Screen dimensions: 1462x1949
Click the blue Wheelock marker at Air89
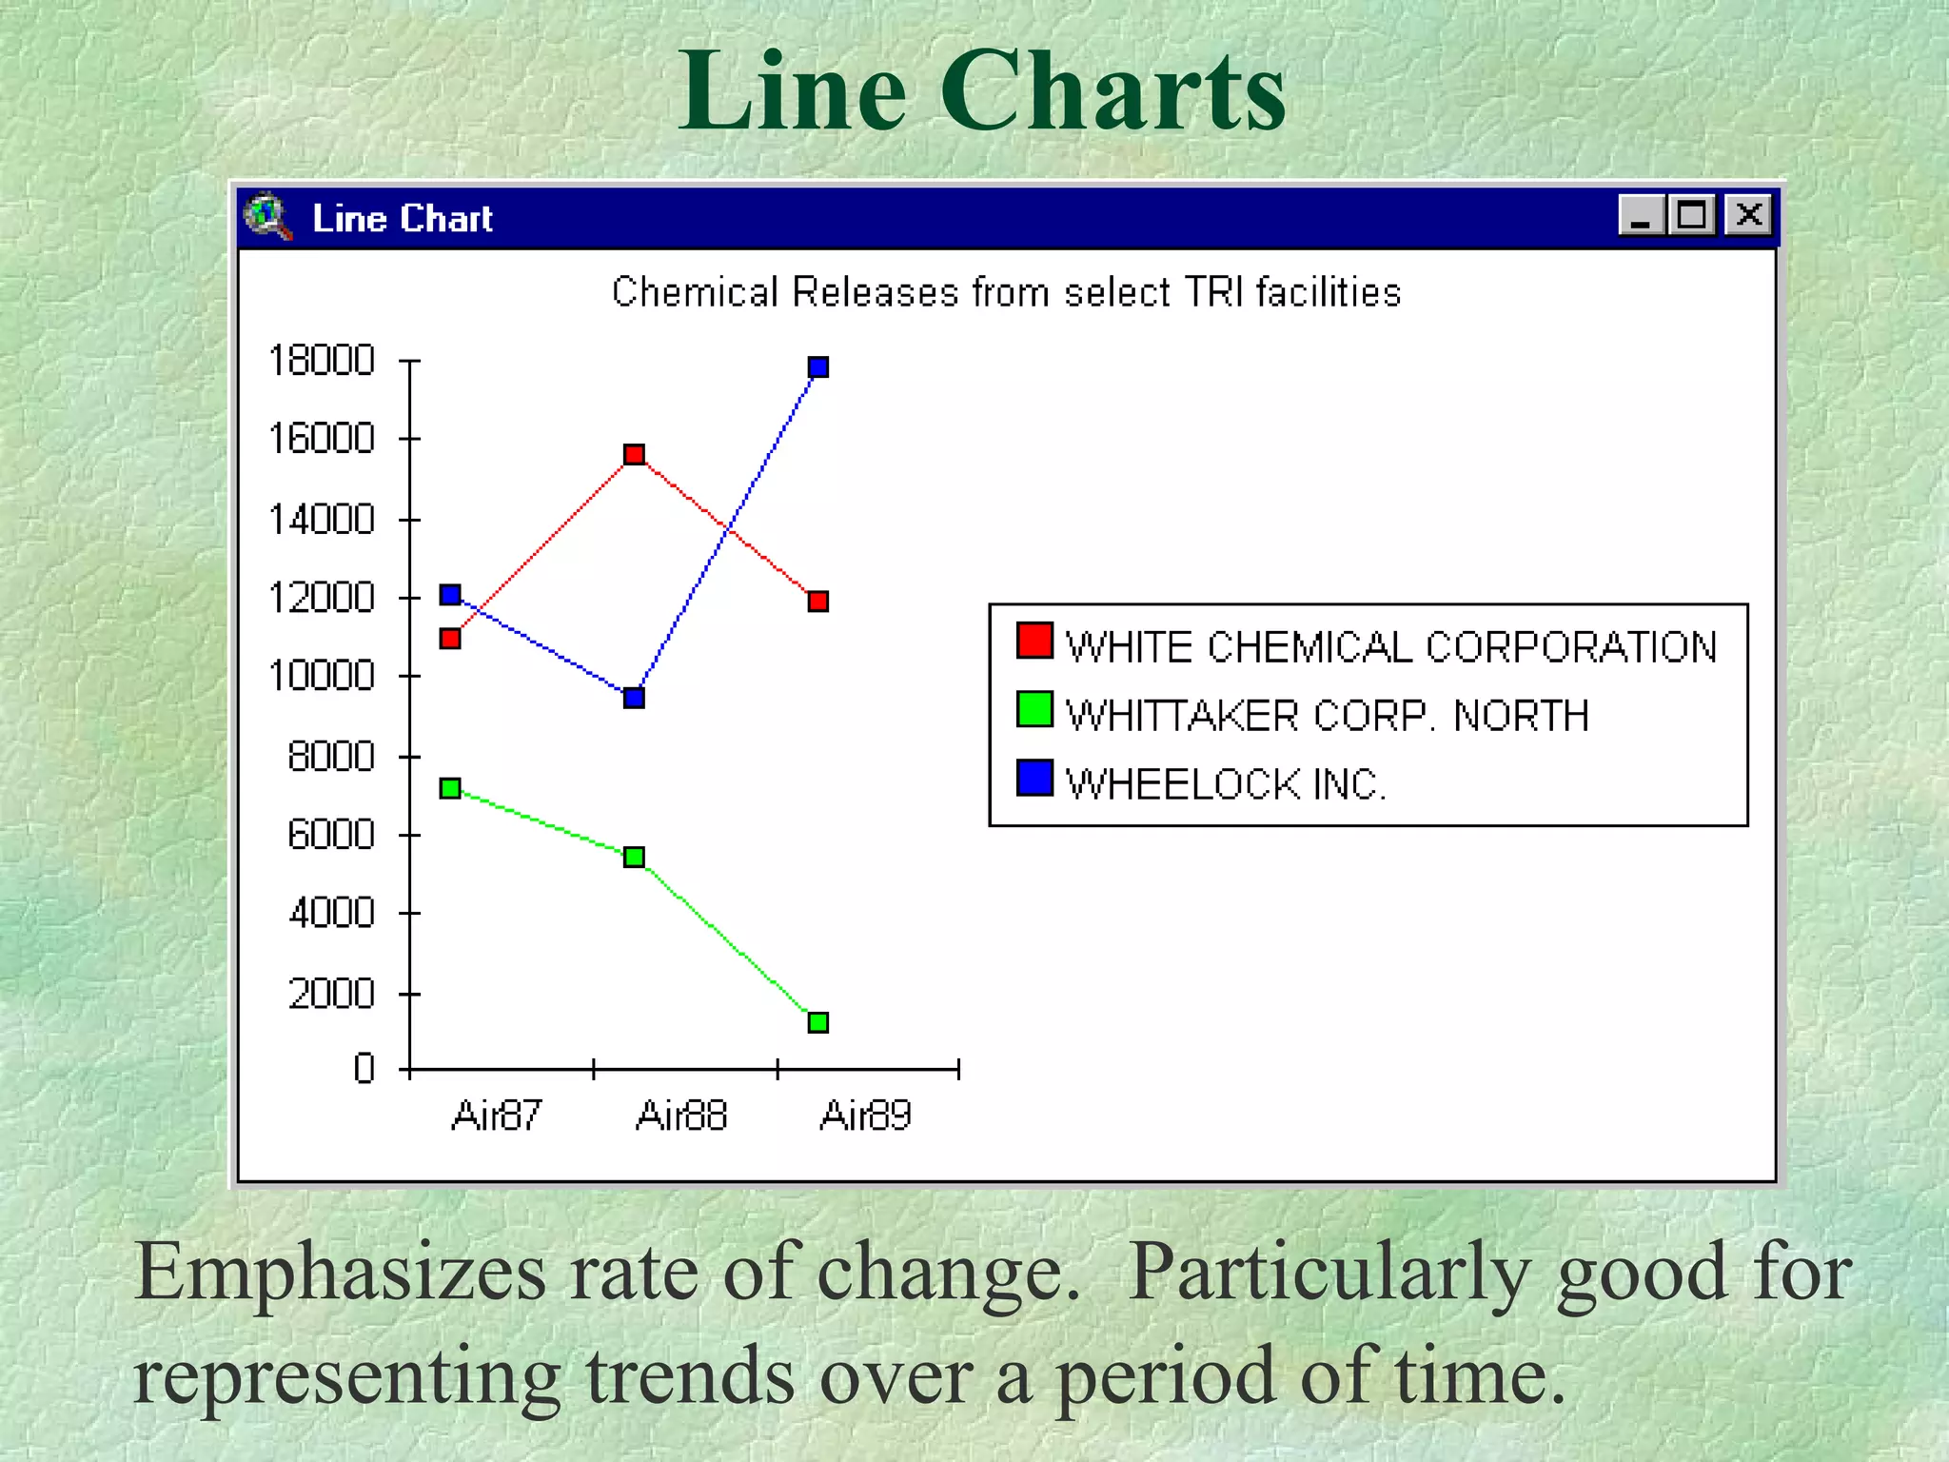817,367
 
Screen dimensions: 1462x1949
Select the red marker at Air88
634,454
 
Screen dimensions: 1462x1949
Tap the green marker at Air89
817,1022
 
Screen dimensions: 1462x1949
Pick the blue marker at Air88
634,698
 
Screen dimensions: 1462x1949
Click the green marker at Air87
450,788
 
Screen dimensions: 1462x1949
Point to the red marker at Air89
817,602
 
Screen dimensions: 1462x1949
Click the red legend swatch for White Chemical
1034,641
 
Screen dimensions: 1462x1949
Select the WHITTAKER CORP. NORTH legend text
1327,716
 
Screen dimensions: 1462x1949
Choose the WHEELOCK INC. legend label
1226,784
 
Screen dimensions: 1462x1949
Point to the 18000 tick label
322,361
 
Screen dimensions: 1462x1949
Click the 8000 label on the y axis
331,757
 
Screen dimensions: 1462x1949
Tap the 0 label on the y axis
364,1068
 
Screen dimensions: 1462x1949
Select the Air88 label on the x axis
681,1115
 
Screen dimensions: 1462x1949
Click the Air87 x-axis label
497,1115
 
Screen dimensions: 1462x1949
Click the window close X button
1749,215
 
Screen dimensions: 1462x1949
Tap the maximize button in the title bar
1691,215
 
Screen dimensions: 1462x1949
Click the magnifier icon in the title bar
267,216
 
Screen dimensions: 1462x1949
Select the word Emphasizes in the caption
340,1274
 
